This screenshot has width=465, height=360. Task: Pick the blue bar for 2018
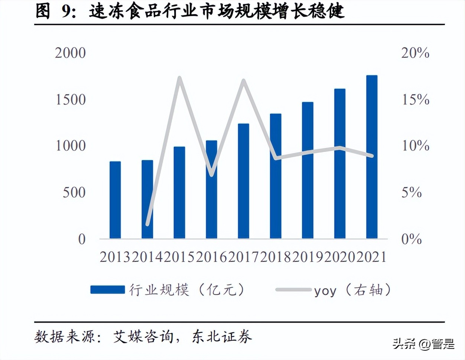click(276, 176)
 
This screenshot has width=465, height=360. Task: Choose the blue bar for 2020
click(340, 163)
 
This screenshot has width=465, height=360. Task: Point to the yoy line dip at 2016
click(211, 175)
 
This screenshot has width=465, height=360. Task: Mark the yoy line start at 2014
click(147, 224)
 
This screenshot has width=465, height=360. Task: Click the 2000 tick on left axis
click(70, 53)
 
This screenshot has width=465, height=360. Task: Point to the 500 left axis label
click(74, 193)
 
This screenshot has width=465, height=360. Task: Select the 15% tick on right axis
click(415, 99)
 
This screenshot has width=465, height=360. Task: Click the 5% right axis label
click(412, 193)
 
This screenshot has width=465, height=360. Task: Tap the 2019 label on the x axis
click(308, 257)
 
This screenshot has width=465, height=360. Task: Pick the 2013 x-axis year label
click(115, 257)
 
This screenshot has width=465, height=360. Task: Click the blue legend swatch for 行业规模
click(108, 290)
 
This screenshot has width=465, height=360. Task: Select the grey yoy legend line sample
click(293, 290)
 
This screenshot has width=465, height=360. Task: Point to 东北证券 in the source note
click(222, 337)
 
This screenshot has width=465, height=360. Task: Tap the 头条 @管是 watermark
click(423, 344)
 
